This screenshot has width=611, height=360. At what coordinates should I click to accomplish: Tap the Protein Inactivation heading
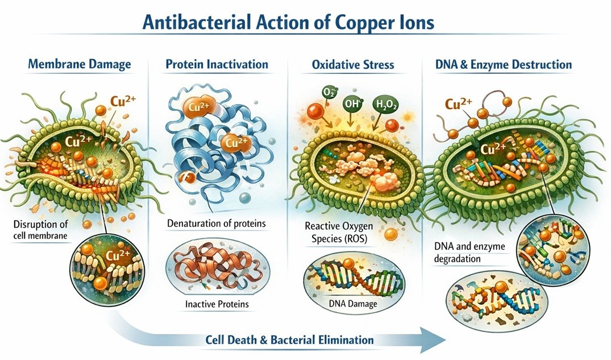click(217, 64)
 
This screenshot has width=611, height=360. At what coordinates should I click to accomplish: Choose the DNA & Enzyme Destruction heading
click(503, 64)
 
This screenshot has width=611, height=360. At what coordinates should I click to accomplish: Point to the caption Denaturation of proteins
click(216, 223)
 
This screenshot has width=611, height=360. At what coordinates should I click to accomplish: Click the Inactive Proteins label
click(217, 304)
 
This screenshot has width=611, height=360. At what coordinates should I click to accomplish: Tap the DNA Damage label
click(353, 304)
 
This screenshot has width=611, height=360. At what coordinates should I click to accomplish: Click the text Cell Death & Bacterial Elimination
click(289, 340)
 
